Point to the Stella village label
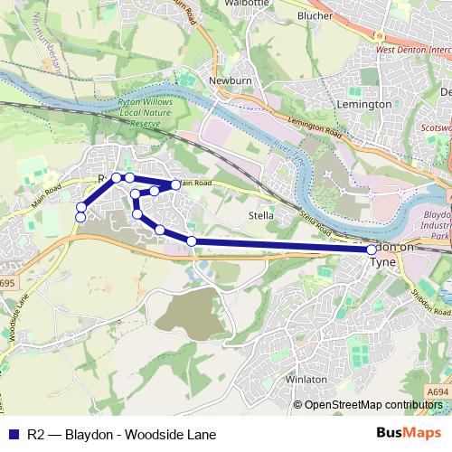[261, 215]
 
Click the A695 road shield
[7, 283]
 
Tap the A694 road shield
[437, 391]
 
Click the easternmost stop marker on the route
[372, 249]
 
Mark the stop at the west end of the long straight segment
[192, 240]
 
